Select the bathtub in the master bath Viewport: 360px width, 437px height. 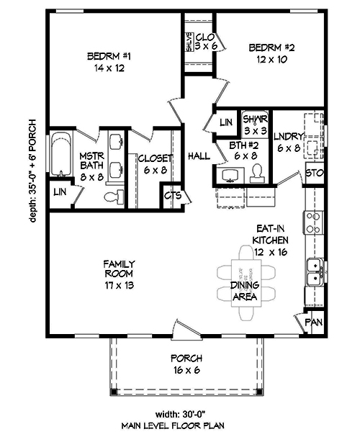point(60,156)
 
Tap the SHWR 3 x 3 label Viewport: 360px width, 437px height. point(255,125)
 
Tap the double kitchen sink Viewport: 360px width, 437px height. point(313,271)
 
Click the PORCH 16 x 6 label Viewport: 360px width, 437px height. point(186,364)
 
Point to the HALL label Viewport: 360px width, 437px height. point(198,156)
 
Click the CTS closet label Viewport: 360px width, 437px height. point(173,194)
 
